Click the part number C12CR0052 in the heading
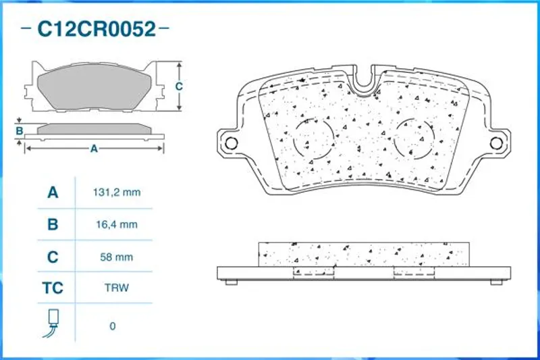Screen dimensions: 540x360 (x=97, y=29)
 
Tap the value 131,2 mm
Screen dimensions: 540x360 (x=117, y=192)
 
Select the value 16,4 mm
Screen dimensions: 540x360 (x=117, y=225)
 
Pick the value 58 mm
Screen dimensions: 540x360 (x=116, y=257)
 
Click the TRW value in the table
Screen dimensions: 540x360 (x=117, y=288)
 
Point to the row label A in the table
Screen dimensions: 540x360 (x=53, y=192)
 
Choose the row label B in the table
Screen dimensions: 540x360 (x=53, y=225)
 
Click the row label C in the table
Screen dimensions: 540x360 (x=53, y=257)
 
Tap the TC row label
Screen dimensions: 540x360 (x=53, y=288)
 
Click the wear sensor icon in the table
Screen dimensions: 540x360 (x=51, y=323)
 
